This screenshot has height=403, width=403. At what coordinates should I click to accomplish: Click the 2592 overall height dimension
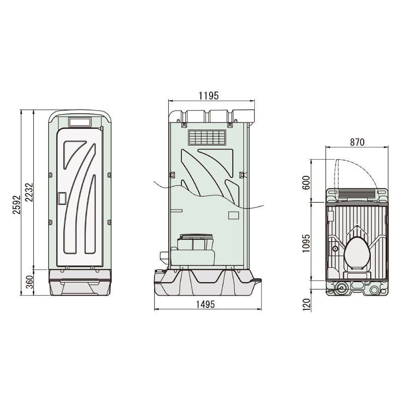[17, 205]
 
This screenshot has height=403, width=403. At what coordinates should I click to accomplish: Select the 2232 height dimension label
[30, 192]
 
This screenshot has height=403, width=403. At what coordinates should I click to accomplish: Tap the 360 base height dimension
[30, 282]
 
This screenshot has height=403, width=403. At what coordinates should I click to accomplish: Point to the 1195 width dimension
[209, 96]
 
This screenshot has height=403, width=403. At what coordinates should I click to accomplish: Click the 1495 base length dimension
[205, 304]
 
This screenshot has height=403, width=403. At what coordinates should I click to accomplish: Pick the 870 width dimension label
[357, 142]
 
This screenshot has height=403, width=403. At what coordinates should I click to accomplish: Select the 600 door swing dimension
[306, 183]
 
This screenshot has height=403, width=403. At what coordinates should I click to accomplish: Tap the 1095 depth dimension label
[306, 243]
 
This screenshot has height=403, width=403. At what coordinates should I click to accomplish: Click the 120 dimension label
[306, 305]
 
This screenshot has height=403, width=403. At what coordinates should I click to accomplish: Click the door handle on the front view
[62, 199]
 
